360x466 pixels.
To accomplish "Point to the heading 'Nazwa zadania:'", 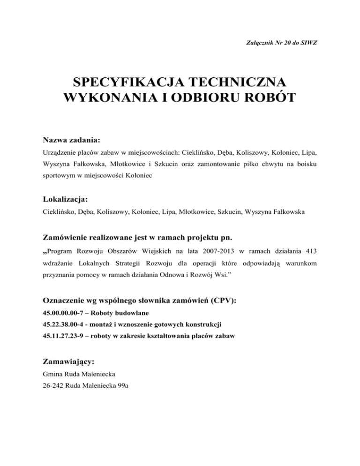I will point(71,140).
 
